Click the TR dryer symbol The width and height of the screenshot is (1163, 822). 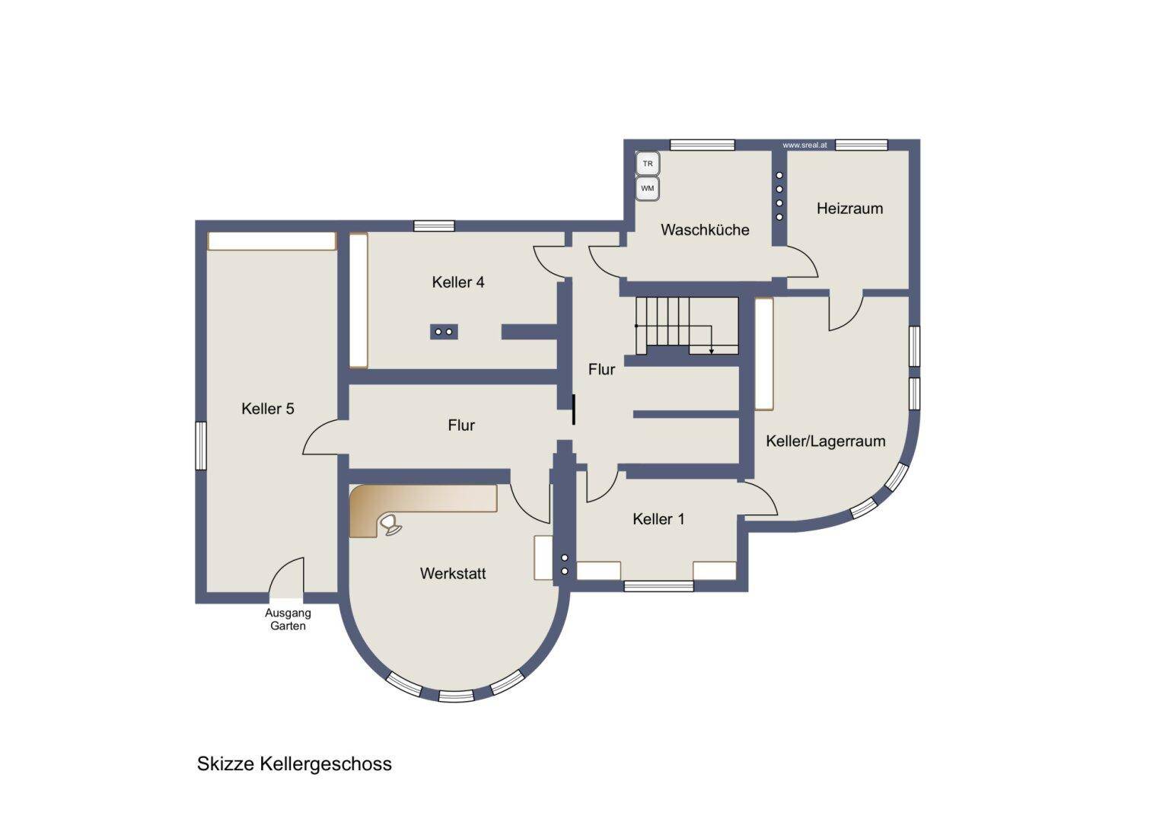(648, 164)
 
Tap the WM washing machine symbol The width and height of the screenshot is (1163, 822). (648, 188)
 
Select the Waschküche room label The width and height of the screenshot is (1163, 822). (705, 230)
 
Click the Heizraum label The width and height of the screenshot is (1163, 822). (849, 209)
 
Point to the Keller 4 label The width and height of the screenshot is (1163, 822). (458, 282)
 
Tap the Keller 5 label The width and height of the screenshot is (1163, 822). (267, 409)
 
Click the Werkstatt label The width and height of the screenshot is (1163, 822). (453, 573)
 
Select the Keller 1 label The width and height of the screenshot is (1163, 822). (658, 519)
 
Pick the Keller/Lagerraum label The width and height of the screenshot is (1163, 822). (826, 441)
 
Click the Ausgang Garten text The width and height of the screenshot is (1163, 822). (288, 619)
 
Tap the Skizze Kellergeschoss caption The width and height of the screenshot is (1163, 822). (294, 764)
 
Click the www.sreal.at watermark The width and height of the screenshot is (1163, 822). (805, 145)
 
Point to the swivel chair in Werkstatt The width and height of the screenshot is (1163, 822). (391, 524)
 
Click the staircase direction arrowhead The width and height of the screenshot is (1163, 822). (712, 352)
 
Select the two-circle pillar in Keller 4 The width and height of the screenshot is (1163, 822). (444, 332)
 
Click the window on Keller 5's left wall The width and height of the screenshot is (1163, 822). (201, 446)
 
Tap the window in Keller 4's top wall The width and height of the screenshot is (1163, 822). (434, 226)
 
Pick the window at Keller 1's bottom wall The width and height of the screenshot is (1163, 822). (659, 586)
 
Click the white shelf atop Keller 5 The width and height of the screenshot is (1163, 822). (272, 241)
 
